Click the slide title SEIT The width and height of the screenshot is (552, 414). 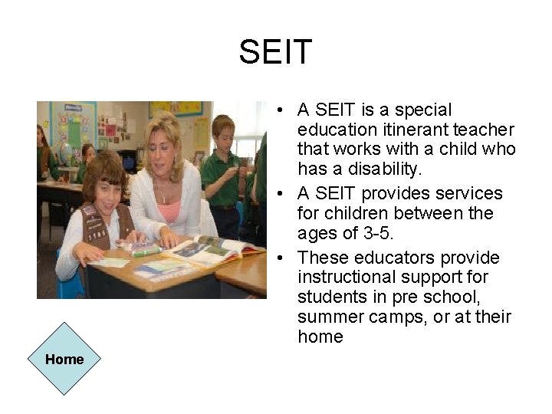(x=275, y=52)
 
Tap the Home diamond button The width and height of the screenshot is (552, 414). (x=64, y=359)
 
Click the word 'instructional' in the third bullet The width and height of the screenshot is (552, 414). (x=346, y=277)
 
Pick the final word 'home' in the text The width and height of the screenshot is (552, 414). (x=320, y=337)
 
